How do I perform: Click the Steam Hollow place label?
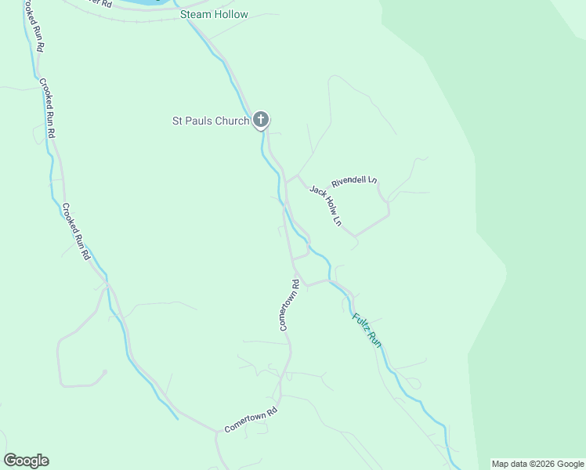(x=214, y=15)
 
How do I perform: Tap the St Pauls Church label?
(x=211, y=121)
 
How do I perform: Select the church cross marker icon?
(x=261, y=120)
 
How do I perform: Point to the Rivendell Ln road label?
(x=354, y=181)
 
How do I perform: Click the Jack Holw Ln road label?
(x=326, y=206)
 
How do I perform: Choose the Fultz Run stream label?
(x=367, y=330)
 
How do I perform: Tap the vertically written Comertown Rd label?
(x=290, y=305)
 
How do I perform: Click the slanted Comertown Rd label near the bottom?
(x=251, y=420)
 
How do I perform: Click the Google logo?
(x=26, y=461)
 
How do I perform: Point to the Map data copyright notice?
(x=538, y=464)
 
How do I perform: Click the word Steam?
(x=196, y=15)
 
